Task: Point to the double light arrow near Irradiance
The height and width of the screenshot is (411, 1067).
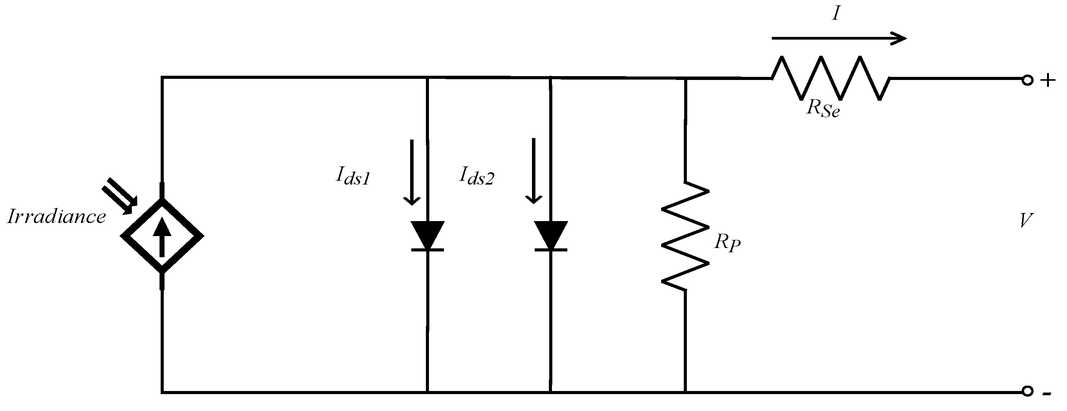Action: [118, 196]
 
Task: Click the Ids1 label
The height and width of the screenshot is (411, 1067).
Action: [352, 177]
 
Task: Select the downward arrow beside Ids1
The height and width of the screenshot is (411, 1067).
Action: [412, 172]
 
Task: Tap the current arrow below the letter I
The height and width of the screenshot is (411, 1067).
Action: [839, 38]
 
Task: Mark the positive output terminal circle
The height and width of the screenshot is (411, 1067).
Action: [1028, 80]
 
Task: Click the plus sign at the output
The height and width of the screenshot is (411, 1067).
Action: [1047, 80]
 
